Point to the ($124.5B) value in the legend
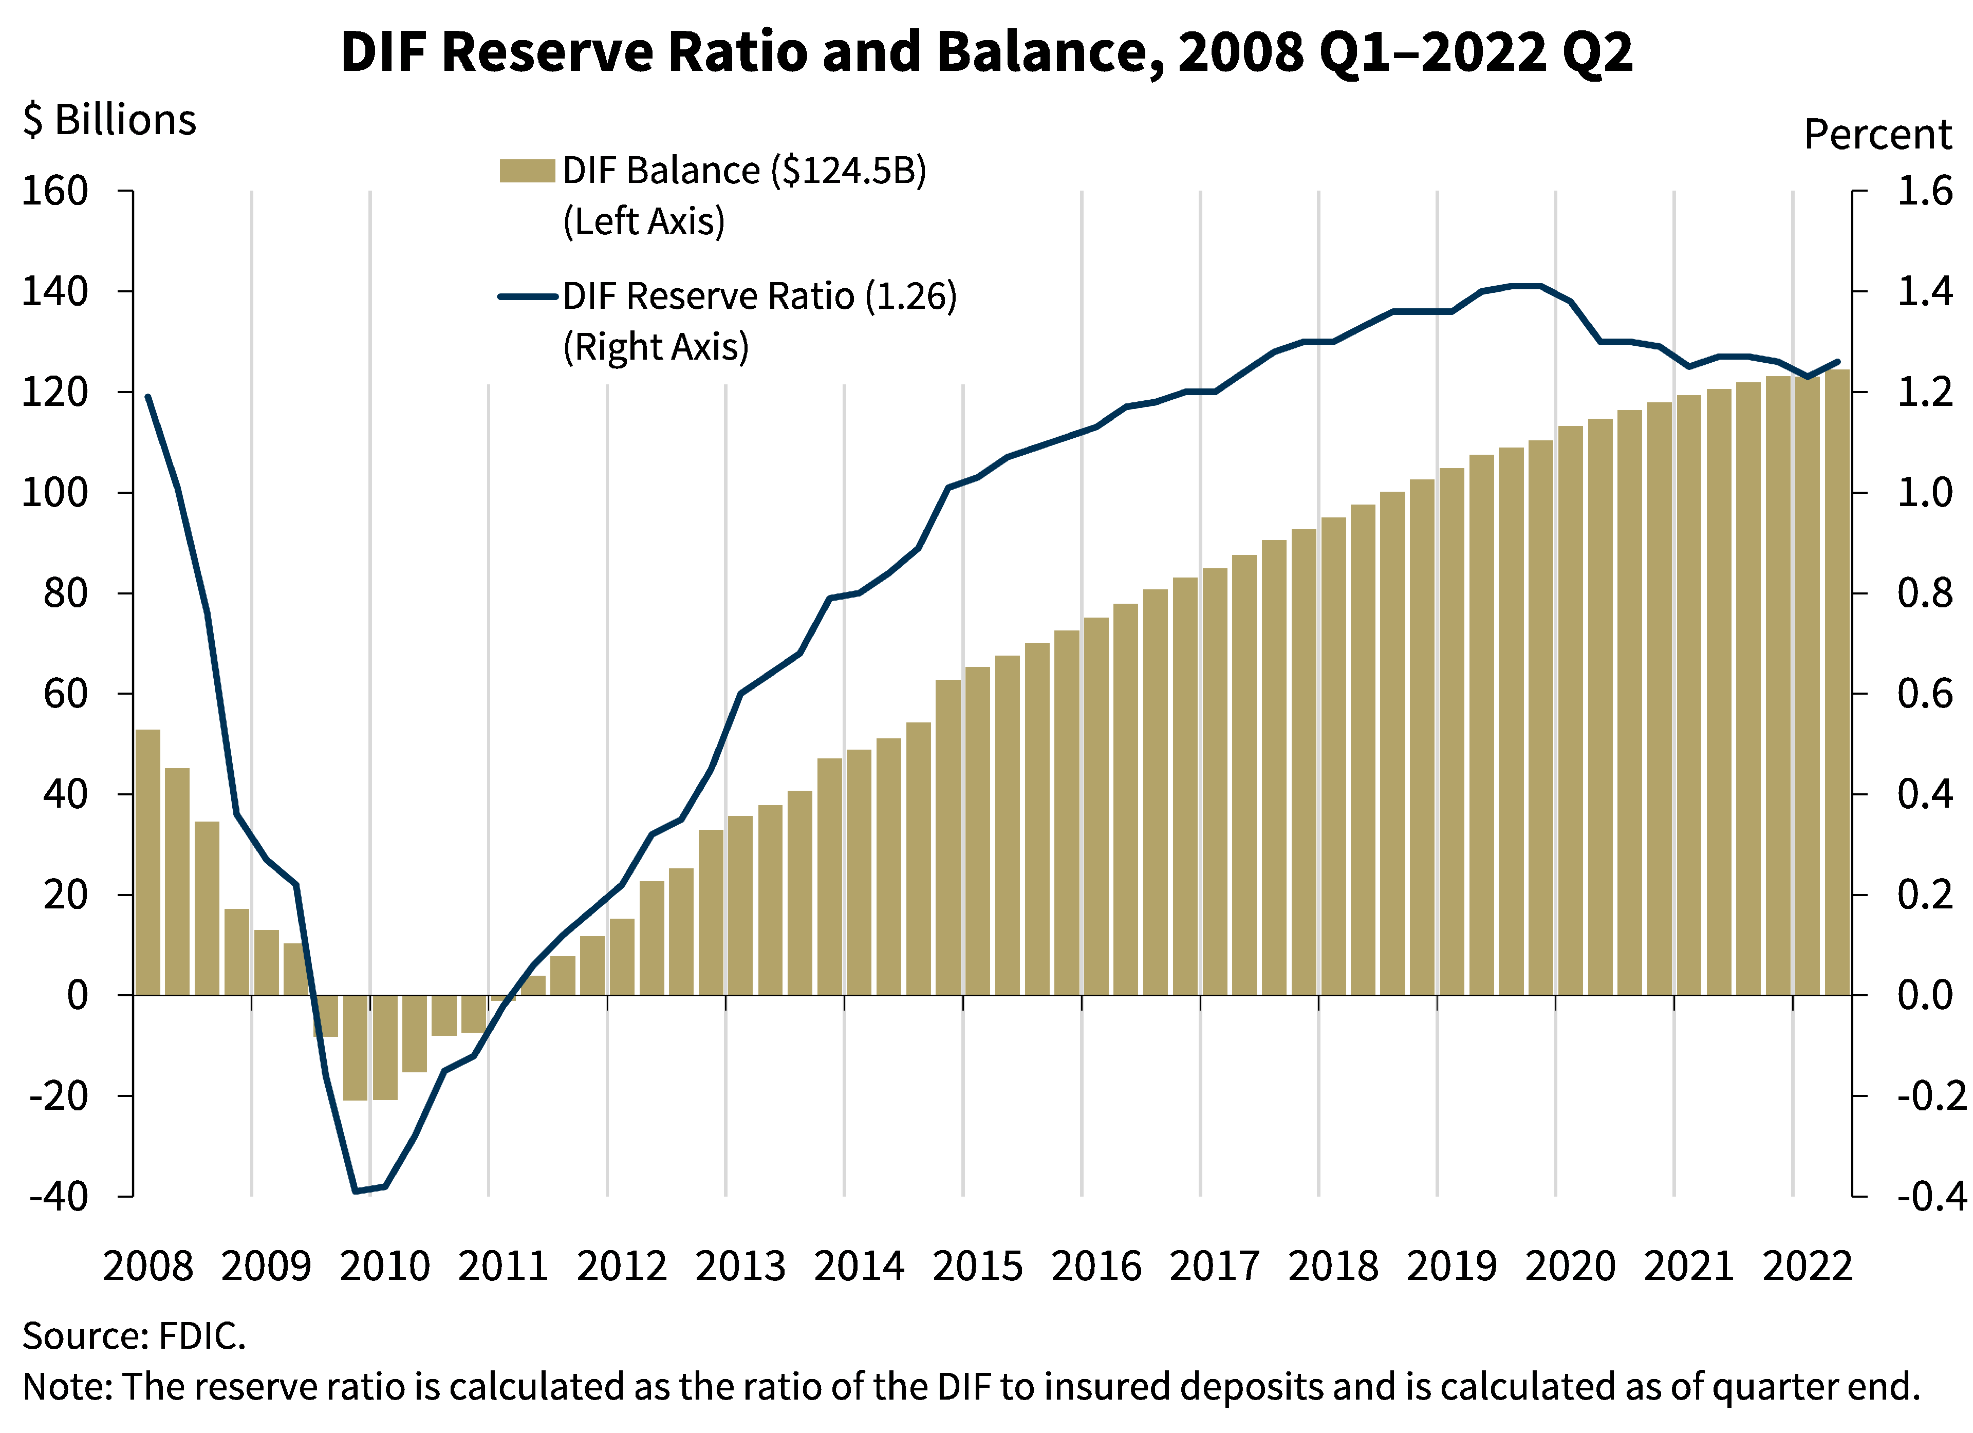tap(848, 171)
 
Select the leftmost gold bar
tap(148, 861)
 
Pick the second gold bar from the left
tap(177, 881)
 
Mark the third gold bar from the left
tap(207, 907)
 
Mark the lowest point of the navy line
tap(356, 1191)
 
